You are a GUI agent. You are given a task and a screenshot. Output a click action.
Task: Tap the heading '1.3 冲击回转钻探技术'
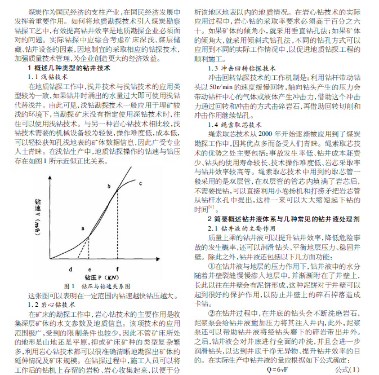[x=241, y=66]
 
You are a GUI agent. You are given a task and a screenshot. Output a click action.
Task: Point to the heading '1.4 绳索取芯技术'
[x=235, y=123]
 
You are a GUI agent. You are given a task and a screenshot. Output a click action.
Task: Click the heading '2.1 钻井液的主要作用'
[x=242, y=228]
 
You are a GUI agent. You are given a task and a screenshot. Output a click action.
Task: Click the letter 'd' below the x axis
[x=71, y=270]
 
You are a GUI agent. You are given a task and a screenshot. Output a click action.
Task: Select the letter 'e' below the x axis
[x=90, y=270]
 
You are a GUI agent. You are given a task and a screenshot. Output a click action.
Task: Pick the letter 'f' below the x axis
[x=117, y=270]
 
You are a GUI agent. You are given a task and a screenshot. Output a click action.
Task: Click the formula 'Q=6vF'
[x=279, y=370]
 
